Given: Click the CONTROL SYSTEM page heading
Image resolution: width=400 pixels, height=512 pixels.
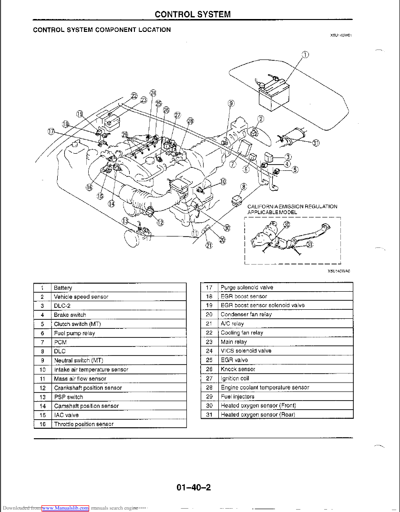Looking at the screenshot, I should coord(193,14).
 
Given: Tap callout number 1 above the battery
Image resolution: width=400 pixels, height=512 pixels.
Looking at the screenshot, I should coord(306,54).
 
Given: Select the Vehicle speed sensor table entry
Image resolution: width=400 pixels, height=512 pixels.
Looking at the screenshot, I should coord(81,296).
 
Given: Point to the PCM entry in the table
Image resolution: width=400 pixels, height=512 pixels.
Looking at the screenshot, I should coord(60,342).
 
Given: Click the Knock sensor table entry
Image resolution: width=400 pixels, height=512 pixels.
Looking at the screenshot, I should coord(237,369).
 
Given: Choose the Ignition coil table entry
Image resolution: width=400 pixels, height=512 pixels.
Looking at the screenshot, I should coord(235,378).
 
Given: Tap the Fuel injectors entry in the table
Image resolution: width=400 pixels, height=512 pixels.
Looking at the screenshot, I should coord(237,396).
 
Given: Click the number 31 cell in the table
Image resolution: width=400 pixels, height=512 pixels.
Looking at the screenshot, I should coord(209,414).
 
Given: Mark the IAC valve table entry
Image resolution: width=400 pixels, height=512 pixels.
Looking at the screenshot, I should coord(66,415).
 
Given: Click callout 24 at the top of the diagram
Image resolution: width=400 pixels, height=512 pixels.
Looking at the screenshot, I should coord(153,92).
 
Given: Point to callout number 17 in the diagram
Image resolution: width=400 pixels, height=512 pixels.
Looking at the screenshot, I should coord(51,131).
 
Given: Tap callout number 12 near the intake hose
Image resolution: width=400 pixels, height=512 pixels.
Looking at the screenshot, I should coord(160,222).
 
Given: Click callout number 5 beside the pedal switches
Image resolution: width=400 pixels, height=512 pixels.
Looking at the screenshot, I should coord(295,170).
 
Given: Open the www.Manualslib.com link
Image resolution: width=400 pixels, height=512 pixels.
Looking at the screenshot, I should coord(65,508).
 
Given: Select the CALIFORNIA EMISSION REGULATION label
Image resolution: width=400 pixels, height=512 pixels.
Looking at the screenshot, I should coord(292,207).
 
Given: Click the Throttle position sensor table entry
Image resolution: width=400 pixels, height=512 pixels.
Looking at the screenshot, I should coord(83,424).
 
